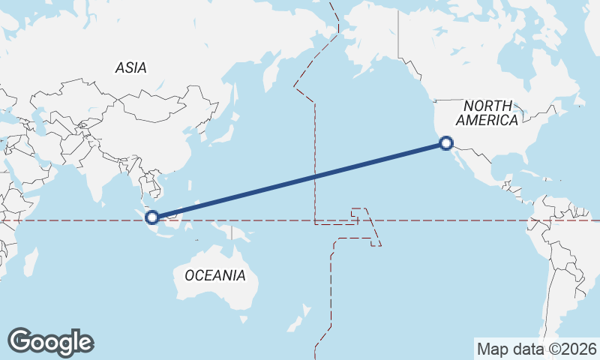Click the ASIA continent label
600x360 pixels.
pyautogui.click(x=131, y=68)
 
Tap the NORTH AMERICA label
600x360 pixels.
pyautogui.click(x=487, y=112)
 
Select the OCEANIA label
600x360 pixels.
pyautogui.click(x=214, y=275)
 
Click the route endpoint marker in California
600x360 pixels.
pyautogui.click(x=446, y=142)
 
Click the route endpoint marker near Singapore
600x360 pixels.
pyautogui.click(x=152, y=217)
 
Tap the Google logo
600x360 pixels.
pyautogui.click(x=50, y=342)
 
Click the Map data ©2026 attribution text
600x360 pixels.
pyautogui.click(x=537, y=349)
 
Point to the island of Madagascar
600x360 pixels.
pyautogui.click(x=31, y=262)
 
